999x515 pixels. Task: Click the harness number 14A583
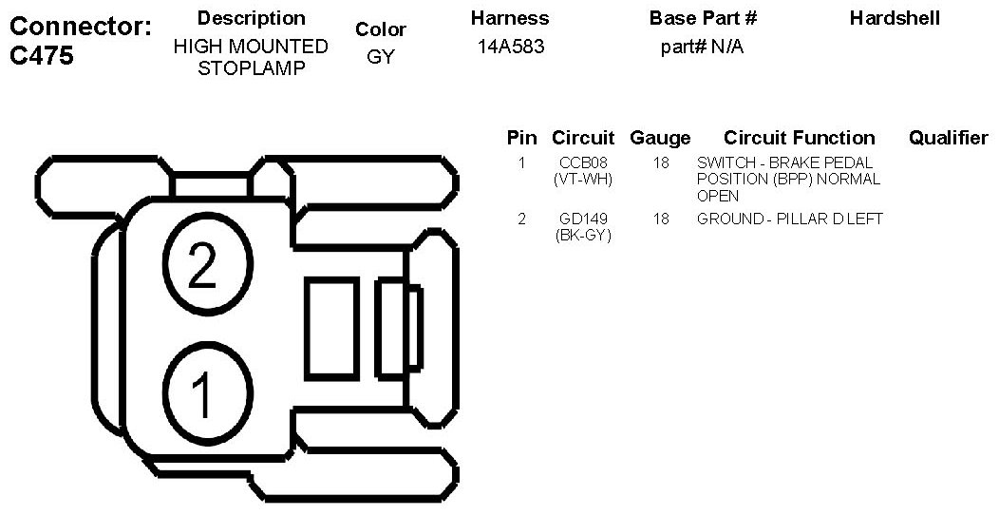point(511,47)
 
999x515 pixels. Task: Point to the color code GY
point(380,57)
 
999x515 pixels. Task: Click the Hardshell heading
point(895,18)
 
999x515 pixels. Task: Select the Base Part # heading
point(703,18)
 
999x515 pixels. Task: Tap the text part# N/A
point(702,47)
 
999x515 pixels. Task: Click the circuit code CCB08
point(583,162)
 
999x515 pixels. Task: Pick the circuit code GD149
point(583,219)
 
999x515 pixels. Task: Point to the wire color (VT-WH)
point(583,179)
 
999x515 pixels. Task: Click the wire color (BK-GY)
point(583,235)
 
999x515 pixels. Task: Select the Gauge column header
point(660,138)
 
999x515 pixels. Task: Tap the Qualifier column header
point(948,138)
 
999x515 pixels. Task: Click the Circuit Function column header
point(799,138)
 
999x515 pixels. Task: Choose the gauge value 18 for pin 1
point(661,162)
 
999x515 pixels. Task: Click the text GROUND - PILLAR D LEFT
point(790,219)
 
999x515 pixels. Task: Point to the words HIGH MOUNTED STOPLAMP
point(251,57)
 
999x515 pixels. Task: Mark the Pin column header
point(521,138)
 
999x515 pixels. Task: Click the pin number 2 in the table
point(521,219)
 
